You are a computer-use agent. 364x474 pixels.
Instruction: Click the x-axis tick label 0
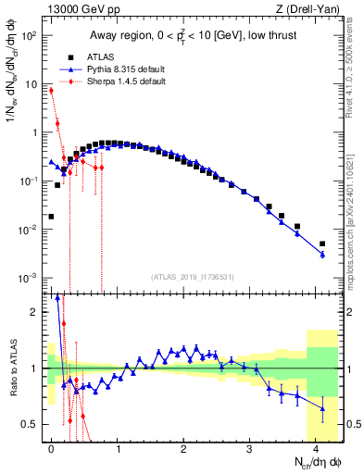[x=51, y=447]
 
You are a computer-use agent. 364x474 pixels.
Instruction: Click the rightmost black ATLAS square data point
[x=322, y=243]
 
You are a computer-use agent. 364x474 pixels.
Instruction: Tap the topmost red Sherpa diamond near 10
[x=51, y=91]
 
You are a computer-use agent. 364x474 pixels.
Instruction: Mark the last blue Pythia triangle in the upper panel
[x=322, y=255]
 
